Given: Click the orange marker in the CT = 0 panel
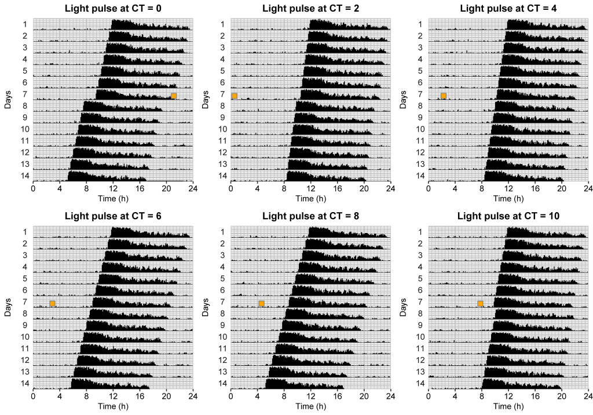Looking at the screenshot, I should (x=173, y=96).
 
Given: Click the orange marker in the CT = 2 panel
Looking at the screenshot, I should (x=234, y=96).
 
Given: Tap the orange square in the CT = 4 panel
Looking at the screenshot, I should (x=444, y=96).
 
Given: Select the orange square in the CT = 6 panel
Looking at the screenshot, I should (x=53, y=304).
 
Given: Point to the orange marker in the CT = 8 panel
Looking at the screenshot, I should (x=261, y=304).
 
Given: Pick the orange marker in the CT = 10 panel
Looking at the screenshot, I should (x=480, y=304).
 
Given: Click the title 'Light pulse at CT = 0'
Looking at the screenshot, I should (x=113, y=8).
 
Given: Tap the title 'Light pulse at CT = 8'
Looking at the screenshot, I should (x=310, y=216).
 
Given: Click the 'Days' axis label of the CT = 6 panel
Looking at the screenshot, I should (x=6, y=307).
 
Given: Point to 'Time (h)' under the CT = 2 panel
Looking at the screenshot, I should (x=310, y=198).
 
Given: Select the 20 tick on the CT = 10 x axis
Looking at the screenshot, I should (x=562, y=396).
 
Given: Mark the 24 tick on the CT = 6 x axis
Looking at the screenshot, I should (x=192, y=396).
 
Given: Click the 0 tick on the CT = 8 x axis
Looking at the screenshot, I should (x=231, y=396).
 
